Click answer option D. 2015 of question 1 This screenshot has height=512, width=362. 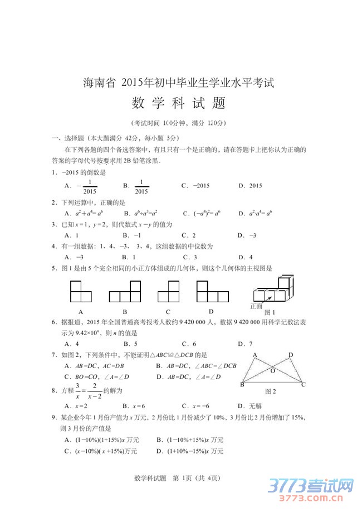(250, 186)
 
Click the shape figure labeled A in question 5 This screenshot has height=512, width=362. (82, 291)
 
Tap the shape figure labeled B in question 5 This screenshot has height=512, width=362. (125, 291)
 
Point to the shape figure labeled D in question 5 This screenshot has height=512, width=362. (211, 291)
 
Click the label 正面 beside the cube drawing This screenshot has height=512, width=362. (256, 306)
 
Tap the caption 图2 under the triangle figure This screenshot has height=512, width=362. (271, 391)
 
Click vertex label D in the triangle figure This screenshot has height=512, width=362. (291, 355)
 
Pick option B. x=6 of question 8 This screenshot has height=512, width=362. (134, 406)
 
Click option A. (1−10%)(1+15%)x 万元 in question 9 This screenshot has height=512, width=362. (102, 439)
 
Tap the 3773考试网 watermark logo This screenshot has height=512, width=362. (312, 487)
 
